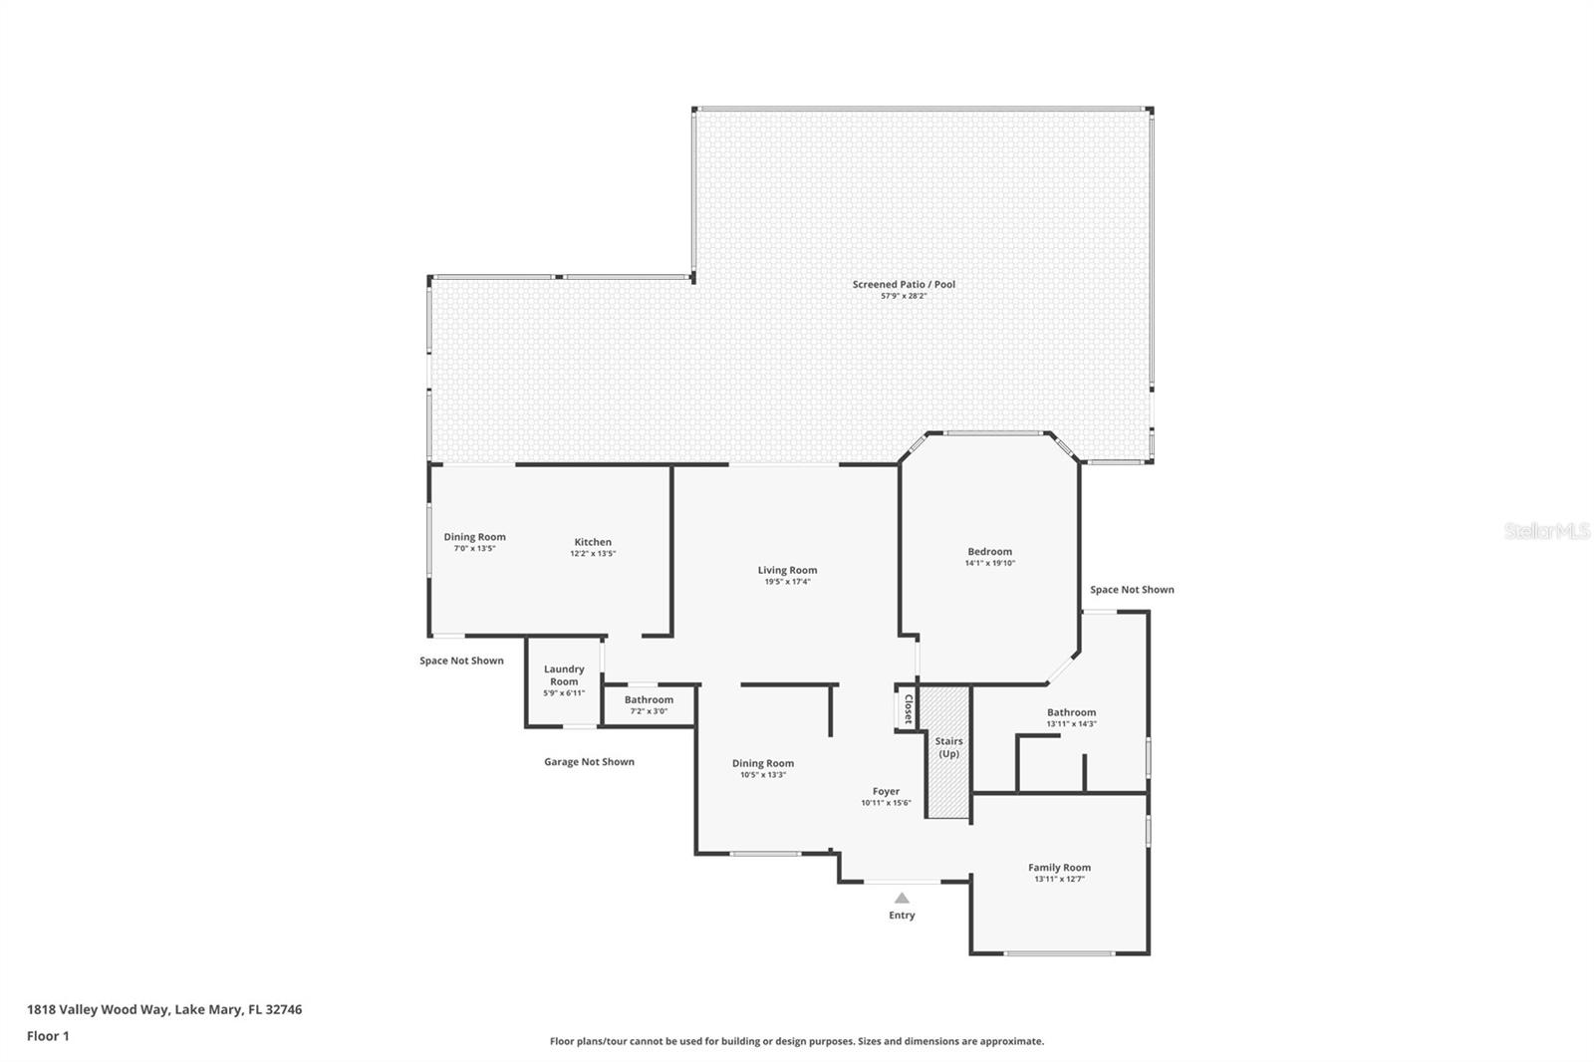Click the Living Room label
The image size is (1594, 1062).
point(787,571)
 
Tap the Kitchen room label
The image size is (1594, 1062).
point(593,542)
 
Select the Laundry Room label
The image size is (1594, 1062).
point(564,675)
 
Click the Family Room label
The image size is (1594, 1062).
point(1059,868)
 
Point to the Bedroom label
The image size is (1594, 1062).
point(989,552)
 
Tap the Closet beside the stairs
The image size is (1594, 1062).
point(907,708)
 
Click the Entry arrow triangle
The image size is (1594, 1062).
point(902,898)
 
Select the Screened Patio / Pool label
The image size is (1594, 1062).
point(904,284)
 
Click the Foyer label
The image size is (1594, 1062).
point(886,792)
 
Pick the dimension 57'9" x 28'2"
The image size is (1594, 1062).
point(904,296)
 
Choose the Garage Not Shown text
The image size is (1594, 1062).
point(589,762)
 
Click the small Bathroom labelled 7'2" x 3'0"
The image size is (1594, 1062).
point(649,700)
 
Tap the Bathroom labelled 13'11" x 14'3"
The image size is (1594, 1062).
point(1071,712)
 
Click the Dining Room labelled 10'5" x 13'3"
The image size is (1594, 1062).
point(763,764)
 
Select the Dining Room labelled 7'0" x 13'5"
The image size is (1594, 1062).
point(474,537)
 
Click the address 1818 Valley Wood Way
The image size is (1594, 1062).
point(164,1009)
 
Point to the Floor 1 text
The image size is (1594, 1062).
point(48,1036)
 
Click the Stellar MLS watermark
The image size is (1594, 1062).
point(1546,531)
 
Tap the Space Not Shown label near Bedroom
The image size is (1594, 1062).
point(1132,590)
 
